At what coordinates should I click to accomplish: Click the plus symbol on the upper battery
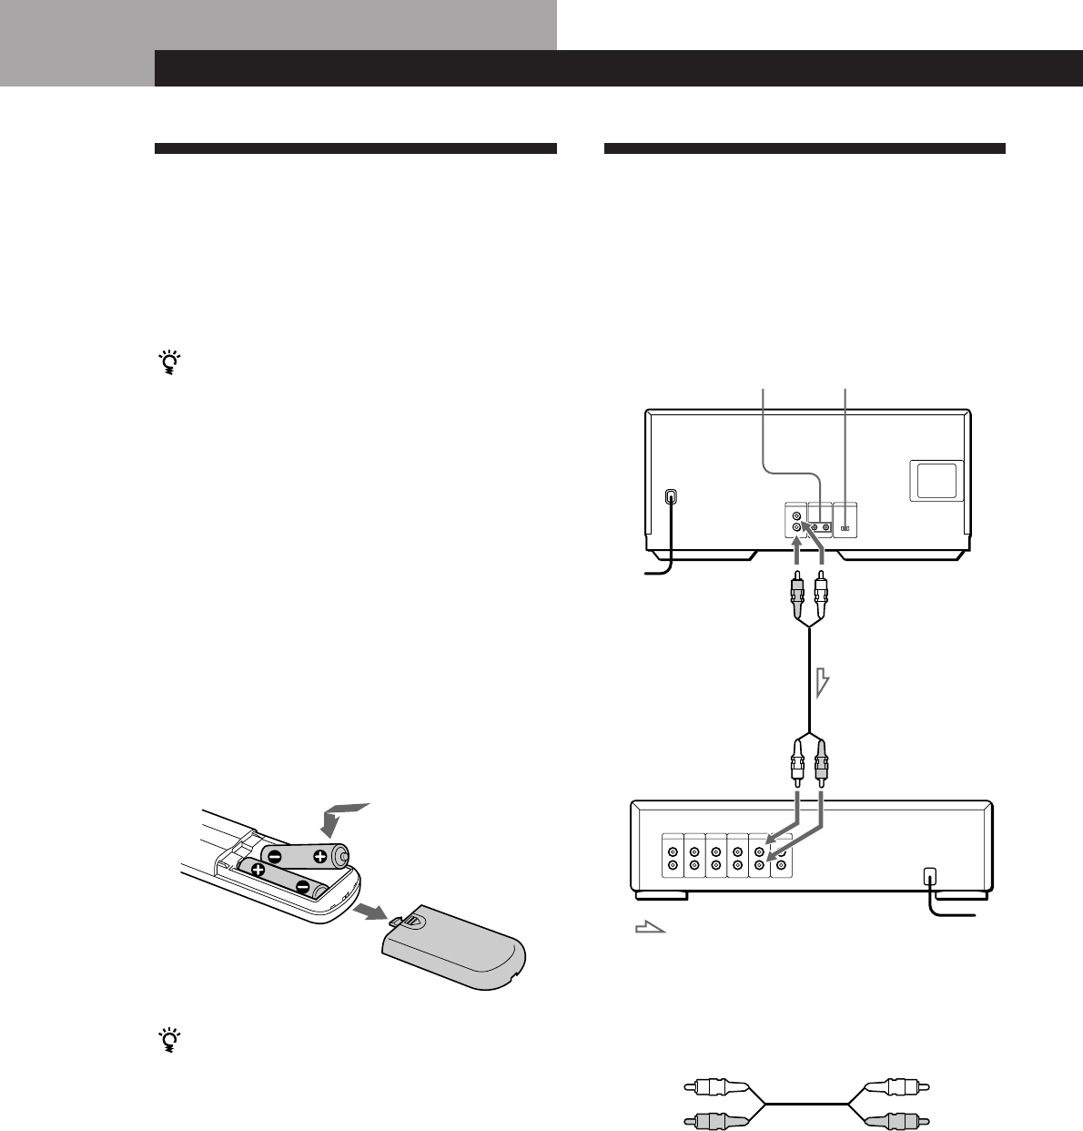[319, 857]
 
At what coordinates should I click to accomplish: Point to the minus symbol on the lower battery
[303, 887]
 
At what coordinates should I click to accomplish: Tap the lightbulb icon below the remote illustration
[167, 1039]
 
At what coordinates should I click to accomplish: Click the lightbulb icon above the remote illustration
[167, 363]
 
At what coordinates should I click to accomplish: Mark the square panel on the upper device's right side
[936, 480]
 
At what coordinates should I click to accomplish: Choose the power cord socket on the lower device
[928, 877]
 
